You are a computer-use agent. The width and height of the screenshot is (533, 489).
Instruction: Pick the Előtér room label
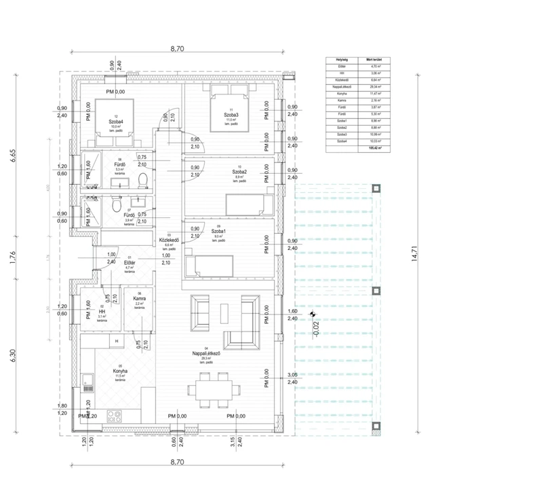129,262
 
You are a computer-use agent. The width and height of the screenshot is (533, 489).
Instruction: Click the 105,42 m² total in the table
372,147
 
